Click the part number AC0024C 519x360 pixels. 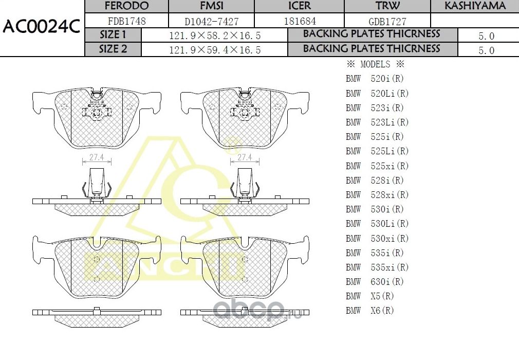[41, 27]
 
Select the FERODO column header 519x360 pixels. [126, 6]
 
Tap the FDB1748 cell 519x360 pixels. [126, 22]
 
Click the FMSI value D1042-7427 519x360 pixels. [211, 22]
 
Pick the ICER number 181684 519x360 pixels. [300, 22]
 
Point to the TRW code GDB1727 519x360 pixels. [387, 22]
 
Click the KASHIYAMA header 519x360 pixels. [475, 6]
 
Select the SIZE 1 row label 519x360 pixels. [113, 35]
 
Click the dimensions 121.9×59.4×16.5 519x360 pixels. [215, 50]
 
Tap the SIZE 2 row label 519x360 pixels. [113, 49]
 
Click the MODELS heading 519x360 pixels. [376, 65]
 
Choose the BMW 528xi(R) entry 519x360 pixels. [377, 195]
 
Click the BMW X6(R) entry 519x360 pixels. [370, 311]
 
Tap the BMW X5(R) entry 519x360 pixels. [370, 296]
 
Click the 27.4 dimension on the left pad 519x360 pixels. [97, 157]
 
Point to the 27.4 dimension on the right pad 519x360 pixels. [245, 157]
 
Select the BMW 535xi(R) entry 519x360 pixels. [377, 267]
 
